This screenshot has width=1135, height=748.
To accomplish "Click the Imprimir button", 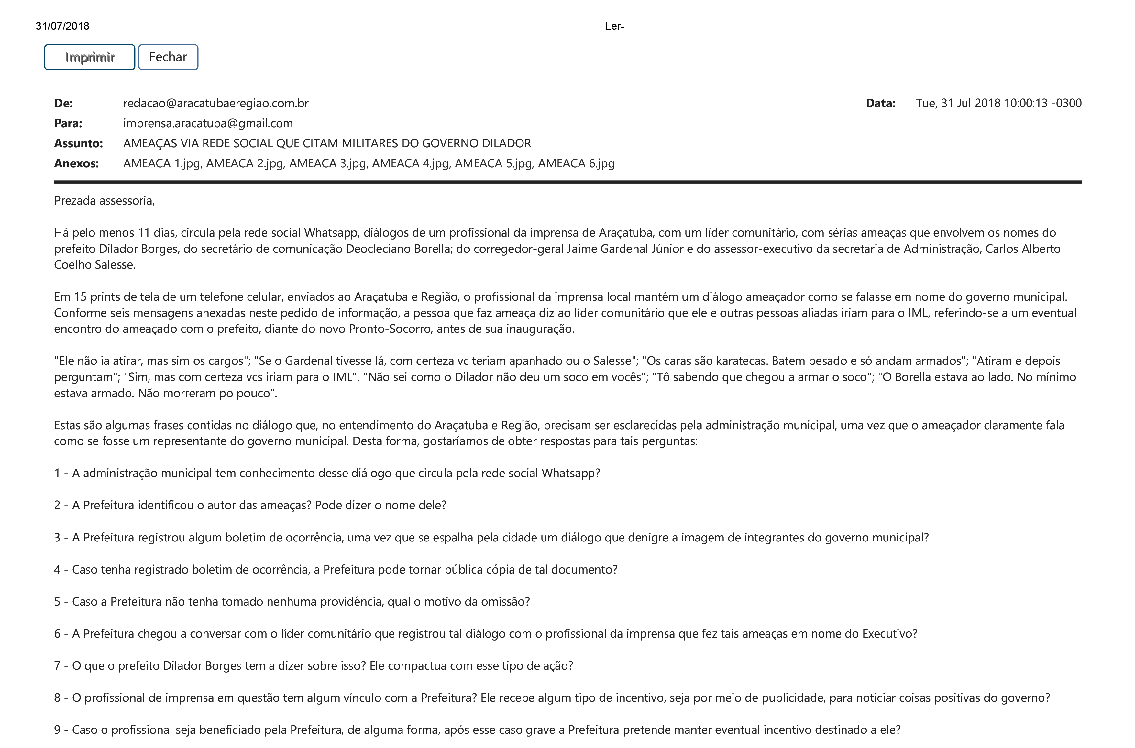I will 90,57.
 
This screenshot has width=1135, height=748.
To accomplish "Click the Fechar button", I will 168,57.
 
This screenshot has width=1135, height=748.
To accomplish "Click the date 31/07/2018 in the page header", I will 62,26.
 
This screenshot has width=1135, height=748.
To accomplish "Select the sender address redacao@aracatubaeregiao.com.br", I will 215,103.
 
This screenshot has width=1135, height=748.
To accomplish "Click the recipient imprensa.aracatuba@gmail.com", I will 208,123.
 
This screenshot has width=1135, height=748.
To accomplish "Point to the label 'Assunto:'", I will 78,143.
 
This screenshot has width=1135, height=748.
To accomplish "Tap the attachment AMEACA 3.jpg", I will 328,163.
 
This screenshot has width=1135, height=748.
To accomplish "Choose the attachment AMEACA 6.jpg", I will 576,163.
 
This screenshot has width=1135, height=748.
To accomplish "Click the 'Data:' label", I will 880,103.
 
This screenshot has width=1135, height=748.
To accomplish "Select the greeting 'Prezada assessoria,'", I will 105,200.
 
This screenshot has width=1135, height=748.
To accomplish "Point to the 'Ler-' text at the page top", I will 614,26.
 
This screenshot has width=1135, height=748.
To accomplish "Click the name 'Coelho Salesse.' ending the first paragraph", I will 95,265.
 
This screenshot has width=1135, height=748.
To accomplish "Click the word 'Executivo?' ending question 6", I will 889,633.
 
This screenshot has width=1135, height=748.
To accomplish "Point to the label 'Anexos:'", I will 76,163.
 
